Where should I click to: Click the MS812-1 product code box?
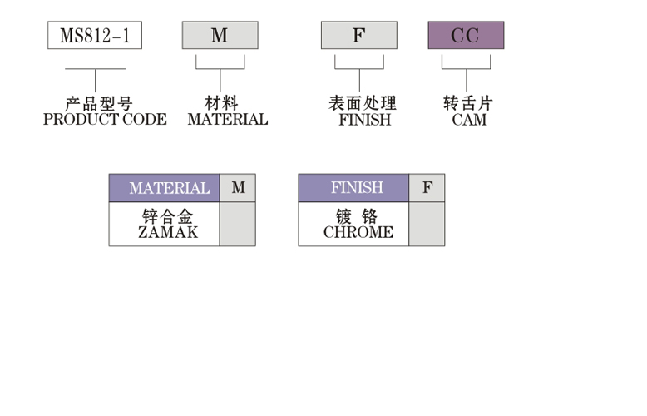[94, 36]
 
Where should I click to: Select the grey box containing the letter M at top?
[220, 36]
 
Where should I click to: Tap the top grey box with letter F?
[358, 36]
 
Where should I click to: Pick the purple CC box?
[465, 36]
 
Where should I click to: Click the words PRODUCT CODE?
[105, 120]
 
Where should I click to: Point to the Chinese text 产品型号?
[98, 104]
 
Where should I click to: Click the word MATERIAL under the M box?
[227, 120]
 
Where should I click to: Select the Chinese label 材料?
[221, 104]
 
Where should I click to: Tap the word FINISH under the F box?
[364, 120]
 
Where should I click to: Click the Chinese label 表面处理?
[363, 104]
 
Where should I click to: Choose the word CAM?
[469, 120]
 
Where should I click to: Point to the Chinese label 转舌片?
[468, 104]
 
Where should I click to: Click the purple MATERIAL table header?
[165, 188]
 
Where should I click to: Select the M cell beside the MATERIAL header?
[238, 188]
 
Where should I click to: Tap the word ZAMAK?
[168, 233]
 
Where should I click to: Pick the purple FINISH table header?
[354, 188]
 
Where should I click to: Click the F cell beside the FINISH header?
[427, 188]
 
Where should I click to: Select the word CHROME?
[358, 233]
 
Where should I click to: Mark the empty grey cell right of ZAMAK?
[238, 224]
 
